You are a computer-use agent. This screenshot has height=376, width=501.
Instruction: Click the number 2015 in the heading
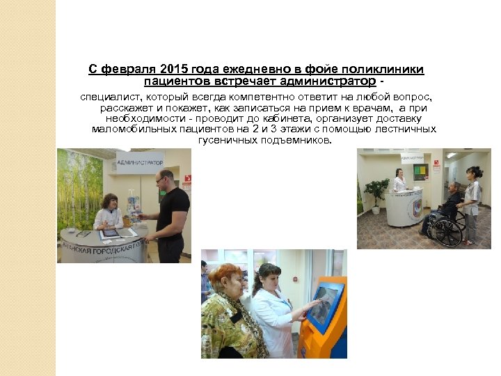pyautogui.click(x=174, y=70)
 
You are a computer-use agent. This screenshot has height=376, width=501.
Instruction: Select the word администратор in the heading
pyautogui.click(x=329, y=82)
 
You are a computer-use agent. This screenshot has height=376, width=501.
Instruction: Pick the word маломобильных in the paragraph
pyautogui.click(x=127, y=129)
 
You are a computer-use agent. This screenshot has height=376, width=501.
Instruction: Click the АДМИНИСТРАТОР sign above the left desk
pyautogui.click(x=139, y=162)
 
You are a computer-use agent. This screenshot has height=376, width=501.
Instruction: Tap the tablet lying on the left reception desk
pyautogui.click(x=111, y=233)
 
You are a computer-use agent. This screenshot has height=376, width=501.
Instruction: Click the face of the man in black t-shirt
pyautogui.click(x=164, y=178)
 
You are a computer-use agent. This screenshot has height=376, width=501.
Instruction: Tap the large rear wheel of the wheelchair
pyautogui.click(x=445, y=230)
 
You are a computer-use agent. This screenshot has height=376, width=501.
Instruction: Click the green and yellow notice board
pyautogui.click(x=420, y=171)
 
